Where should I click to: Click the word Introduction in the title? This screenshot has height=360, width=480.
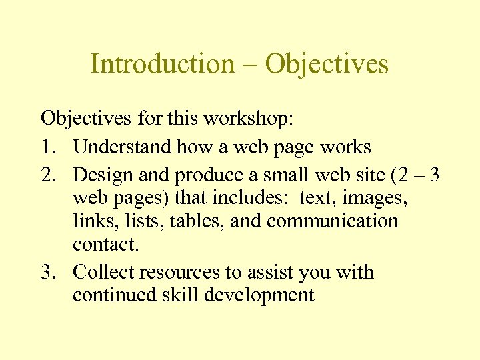coord(163,64)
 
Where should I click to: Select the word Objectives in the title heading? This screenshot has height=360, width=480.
coord(327,64)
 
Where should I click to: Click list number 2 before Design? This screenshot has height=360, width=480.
coord(47,175)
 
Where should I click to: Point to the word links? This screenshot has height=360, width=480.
coord(89,221)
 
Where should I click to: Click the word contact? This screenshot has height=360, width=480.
coord(105,244)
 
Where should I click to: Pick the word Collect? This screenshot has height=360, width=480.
coord(104,272)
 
